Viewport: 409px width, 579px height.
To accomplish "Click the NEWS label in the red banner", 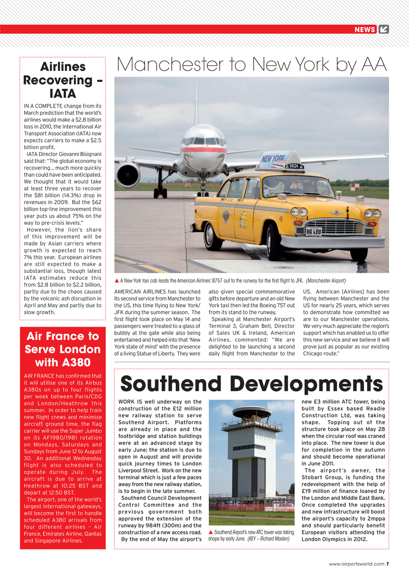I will pos(365,29).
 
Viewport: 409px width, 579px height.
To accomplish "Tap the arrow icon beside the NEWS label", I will pos(384,29).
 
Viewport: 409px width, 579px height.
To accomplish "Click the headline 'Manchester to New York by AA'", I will pos(252,65).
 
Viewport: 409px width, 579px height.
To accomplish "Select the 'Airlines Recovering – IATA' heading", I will pos(63,80).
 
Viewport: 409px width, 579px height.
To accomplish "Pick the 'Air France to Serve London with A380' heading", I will pos(63,349).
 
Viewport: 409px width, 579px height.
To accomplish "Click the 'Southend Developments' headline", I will pos(251,384).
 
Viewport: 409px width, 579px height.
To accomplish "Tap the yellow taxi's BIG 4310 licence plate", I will pos(314,232).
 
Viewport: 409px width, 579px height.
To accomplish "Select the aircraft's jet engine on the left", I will pos(127,176).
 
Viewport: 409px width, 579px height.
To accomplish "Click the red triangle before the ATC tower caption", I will pos(211,532).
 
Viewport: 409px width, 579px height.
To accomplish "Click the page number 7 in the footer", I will pos(387,564).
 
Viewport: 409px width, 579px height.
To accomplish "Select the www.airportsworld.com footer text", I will pos(357,564).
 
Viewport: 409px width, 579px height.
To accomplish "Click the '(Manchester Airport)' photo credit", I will pos(325,281).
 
